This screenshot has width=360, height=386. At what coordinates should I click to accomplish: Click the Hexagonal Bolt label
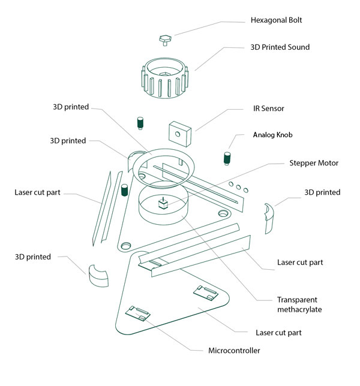point(276,20)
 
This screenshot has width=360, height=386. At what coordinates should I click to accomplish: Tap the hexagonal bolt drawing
point(165,40)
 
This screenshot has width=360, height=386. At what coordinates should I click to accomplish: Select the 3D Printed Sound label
point(280,47)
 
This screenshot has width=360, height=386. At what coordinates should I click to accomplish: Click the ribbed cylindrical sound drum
point(165,78)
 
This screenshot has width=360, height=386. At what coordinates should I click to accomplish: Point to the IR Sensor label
point(269,108)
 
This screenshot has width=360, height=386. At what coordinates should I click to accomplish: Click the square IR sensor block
point(180,134)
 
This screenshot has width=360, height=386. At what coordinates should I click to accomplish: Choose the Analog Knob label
point(272,135)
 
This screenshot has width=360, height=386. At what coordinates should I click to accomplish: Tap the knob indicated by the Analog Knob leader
point(227,158)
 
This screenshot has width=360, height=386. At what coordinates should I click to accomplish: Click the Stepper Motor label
point(314,163)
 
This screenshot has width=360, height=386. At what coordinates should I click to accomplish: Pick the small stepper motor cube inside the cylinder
point(163,203)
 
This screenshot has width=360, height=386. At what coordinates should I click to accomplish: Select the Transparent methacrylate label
point(299,304)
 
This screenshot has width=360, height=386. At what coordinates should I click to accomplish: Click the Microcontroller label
point(234,351)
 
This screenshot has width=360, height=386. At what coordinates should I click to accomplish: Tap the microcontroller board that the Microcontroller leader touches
point(138,313)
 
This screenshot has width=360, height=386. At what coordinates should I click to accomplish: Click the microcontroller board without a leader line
point(206,293)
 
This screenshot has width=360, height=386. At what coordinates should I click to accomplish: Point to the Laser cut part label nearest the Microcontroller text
point(278,333)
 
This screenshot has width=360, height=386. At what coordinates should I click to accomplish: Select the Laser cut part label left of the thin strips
point(37,192)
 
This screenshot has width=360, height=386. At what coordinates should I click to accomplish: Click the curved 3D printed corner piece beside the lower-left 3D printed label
point(98,276)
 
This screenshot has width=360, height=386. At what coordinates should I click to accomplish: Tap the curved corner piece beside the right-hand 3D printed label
point(269,218)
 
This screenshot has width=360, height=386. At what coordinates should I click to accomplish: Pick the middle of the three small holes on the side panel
point(238,187)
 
